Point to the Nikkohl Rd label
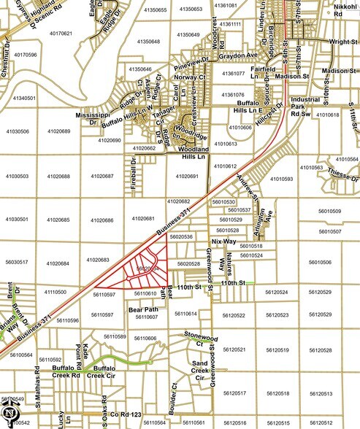click(x=345, y=10)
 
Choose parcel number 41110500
click(x=55, y=292)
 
